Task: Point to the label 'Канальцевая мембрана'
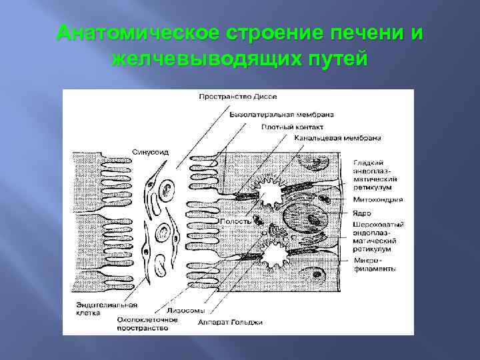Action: pos(337,138)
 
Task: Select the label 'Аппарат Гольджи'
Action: pos(230,322)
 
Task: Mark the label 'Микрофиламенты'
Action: pos(374,265)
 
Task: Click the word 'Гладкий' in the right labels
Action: pos(369,162)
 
